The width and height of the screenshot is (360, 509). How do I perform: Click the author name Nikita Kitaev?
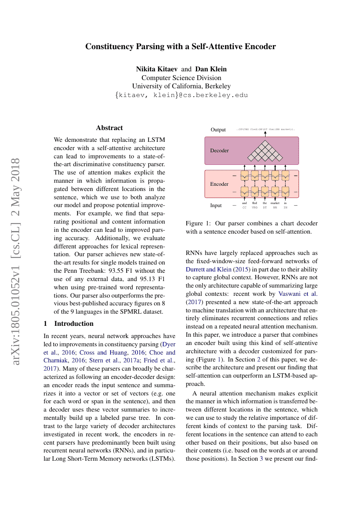point(157,69)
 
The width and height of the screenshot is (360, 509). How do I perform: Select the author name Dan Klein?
point(211,69)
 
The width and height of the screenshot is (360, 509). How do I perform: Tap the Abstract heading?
point(109,128)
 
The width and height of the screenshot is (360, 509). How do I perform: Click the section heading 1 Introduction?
point(69,324)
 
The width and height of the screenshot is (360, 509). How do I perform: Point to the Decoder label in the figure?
point(219,151)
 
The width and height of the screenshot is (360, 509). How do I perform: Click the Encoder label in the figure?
point(219,184)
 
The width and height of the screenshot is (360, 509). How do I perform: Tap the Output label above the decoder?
point(218,130)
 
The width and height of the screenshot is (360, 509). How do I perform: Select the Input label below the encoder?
point(216,205)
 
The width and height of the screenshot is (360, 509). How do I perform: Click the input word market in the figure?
point(275,203)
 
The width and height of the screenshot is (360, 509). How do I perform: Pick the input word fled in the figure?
point(255,203)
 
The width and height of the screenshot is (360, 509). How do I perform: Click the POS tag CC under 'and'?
point(244,208)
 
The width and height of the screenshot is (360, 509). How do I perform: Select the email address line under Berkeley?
point(181,94)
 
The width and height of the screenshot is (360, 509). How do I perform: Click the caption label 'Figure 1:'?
point(199,224)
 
